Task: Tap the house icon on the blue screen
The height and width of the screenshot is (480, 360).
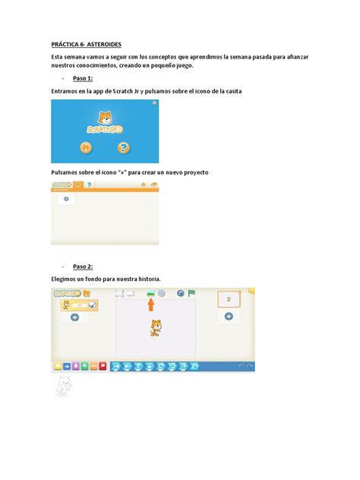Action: pos(86,147)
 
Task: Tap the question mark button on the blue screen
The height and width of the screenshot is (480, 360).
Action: pos(122,147)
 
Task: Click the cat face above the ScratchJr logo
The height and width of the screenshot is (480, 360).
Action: pos(104,118)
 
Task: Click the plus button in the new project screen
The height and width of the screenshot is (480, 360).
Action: pos(67,200)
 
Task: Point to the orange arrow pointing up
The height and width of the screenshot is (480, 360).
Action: pos(151,304)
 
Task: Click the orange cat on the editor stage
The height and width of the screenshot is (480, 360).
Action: pos(155,327)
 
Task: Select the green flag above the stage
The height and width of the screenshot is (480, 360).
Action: pos(191,292)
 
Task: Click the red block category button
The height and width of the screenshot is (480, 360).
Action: pos(103,365)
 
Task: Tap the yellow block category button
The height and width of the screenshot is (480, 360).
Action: pos(57,365)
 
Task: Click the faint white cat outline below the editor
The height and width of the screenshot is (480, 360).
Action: pos(65,387)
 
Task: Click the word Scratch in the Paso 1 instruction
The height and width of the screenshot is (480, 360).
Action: pos(119,91)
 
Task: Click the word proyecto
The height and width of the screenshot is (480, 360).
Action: pos(193,173)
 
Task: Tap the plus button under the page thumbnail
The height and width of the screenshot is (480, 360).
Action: pos(229,317)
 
